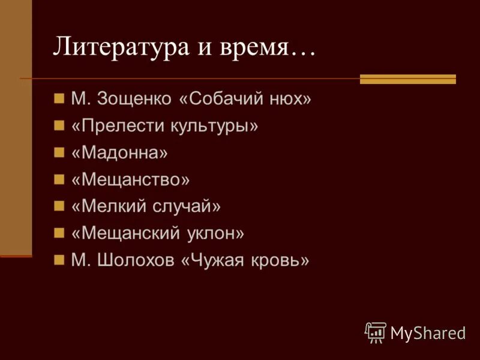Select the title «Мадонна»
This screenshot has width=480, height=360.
pos(120,152)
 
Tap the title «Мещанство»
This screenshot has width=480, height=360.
pos(130,179)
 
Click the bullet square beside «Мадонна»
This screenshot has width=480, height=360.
pos(59,152)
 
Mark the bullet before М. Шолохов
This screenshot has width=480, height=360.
pos(59,260)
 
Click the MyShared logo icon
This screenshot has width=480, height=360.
pos(376,332)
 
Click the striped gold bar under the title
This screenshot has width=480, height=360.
pos(408,79)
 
